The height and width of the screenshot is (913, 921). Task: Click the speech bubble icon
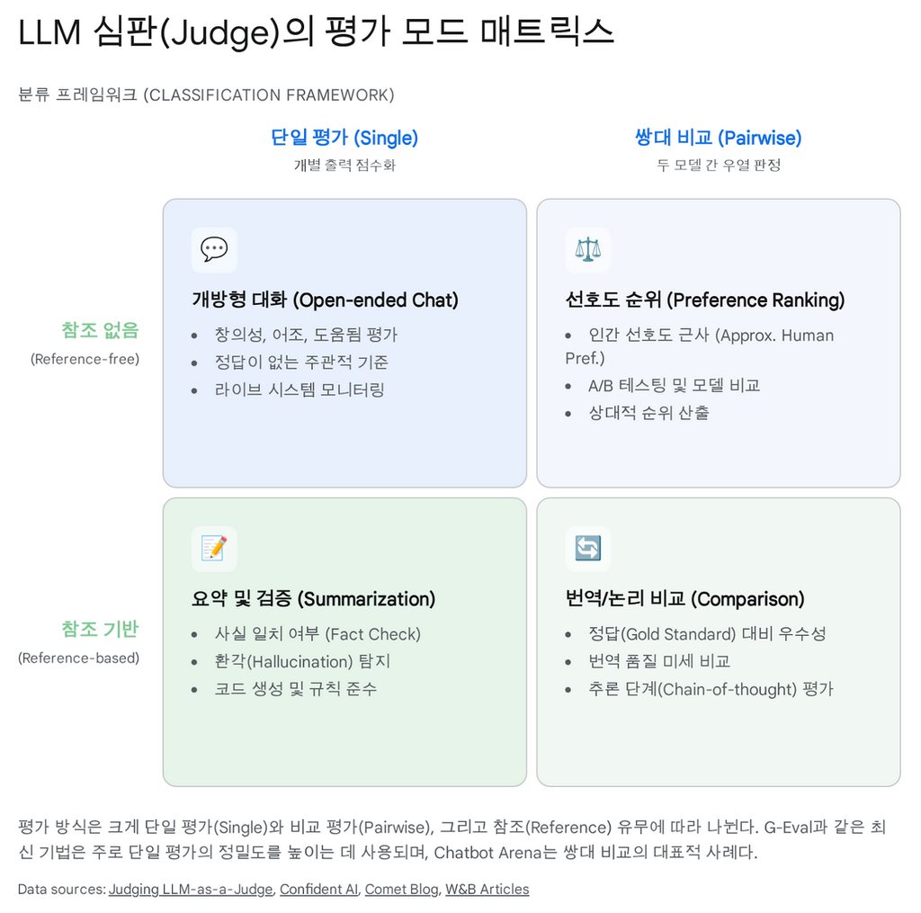click(x=214, y=249)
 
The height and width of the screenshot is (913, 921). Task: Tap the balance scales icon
click(x=587, y=249)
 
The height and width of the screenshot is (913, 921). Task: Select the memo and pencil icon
click(x=214, y=548)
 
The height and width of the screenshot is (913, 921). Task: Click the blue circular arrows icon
click(x=587, y=548)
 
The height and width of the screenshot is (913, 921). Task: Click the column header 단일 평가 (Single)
click(x=344, y=138)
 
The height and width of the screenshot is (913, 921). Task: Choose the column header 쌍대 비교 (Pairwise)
click(x=718, y=138)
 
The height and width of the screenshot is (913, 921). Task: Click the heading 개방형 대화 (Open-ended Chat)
click(x=325, y=300)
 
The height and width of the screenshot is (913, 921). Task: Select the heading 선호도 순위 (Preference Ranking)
click(x=704, y=300)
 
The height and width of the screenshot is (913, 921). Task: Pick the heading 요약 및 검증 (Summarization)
click(x=313, y=598)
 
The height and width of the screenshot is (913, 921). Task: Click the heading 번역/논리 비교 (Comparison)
click(x=684, y=598)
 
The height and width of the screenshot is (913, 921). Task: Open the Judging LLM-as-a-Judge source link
click(x=190, y=889)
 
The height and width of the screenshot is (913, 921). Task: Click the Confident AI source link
click(x=318, y=889)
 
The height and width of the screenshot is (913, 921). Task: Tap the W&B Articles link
click(x=487, y=889)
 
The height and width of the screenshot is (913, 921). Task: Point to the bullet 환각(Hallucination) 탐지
click(x=302, y=661)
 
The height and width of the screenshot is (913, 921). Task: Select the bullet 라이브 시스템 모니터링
click(x=299, y=389)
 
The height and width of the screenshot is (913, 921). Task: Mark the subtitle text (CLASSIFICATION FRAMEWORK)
click(x=268, y=94)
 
